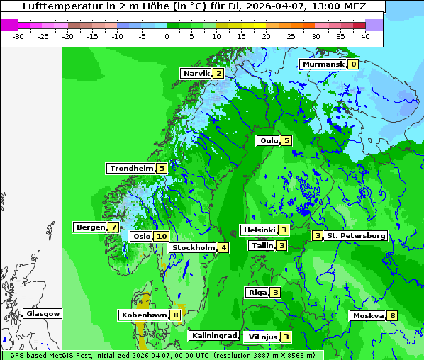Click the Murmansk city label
(323, 64)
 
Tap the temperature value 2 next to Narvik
(218, 74)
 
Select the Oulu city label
(269, 141)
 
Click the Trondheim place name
(131, 169)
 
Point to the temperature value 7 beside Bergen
(113, 227)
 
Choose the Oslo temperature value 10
(162, 237)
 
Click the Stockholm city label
(193, 248)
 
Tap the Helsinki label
(259, 230)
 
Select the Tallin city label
(262, 246)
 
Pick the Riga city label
(257, 293)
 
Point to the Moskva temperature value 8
(392, 316)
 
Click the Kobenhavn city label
(144, 315)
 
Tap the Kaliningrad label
(213, 336)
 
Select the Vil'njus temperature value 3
(286, 337)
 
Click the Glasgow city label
(43, 314)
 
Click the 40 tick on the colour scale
(365, 35)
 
